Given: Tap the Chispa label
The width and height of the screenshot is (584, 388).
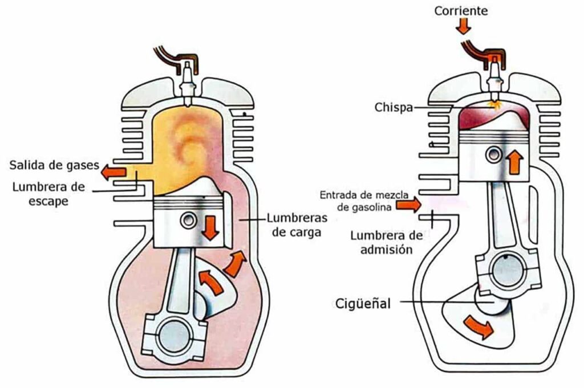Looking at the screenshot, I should coord(394,107).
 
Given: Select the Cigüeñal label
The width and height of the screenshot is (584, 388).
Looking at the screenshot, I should coord(364,303).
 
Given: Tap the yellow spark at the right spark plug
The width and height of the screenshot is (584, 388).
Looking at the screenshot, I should coord(493,104).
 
